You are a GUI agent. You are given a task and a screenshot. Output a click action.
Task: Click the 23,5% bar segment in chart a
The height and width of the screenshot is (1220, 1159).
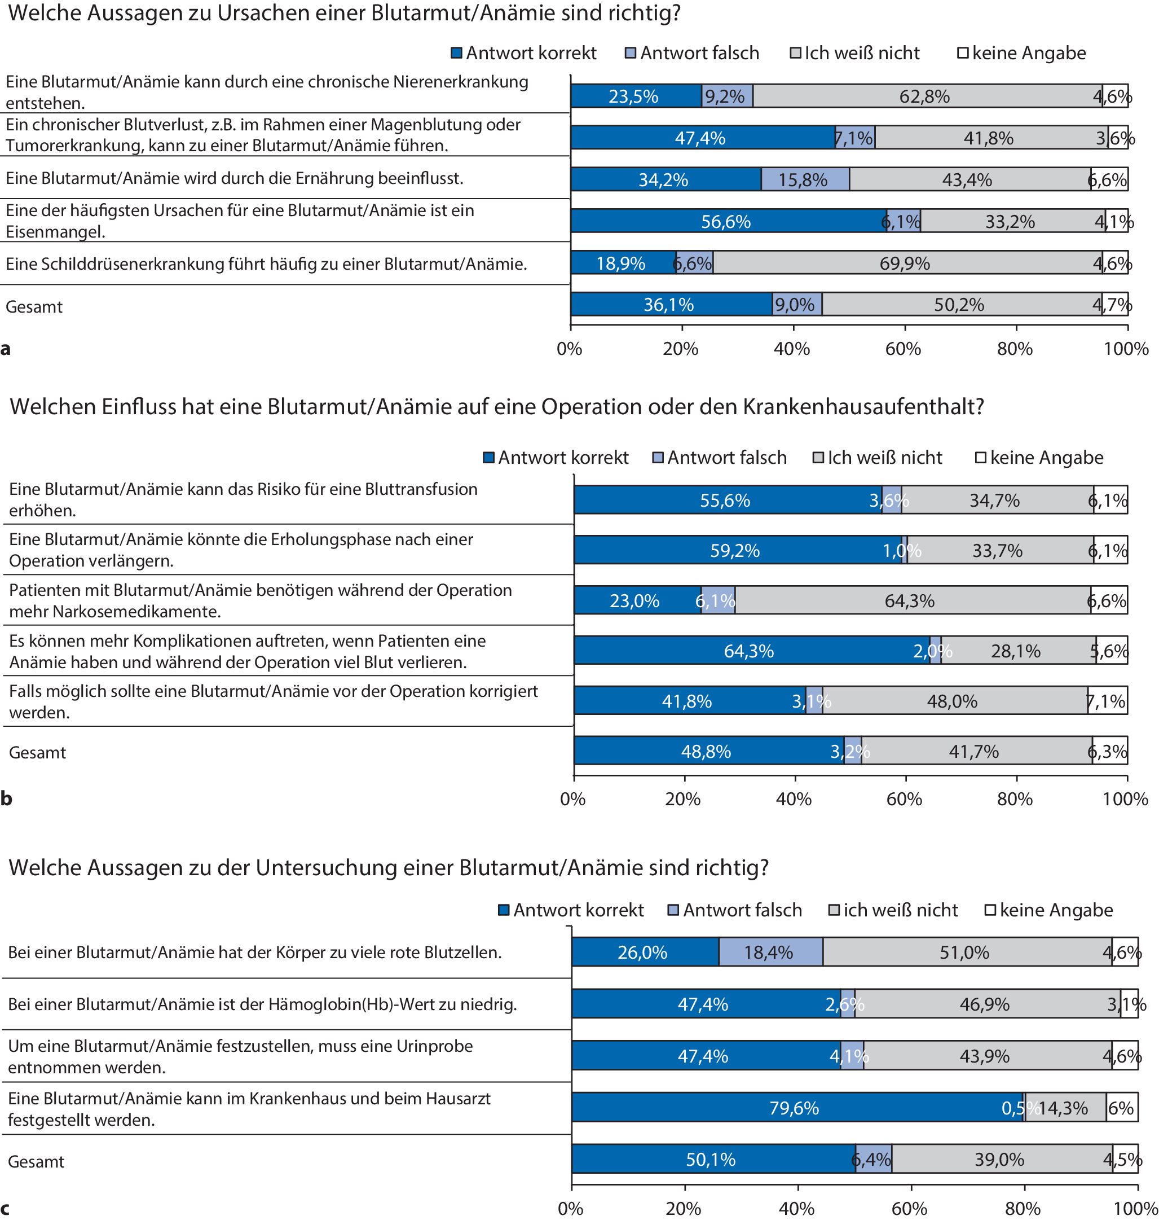(636, 96)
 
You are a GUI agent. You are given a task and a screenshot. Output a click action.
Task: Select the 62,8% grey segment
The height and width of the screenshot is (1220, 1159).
(927, 96)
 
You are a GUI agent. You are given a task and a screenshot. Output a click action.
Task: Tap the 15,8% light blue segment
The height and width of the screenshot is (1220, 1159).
(804, 180)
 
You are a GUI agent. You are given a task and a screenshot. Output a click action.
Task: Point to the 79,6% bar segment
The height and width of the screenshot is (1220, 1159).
(797, 1108)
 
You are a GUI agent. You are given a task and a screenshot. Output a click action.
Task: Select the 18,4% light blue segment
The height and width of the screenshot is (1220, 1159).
(770, 952)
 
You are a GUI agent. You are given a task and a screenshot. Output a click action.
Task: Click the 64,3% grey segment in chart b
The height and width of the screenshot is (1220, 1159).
(912, 600)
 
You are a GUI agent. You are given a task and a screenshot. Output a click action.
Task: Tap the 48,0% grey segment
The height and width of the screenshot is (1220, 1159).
(954, 701)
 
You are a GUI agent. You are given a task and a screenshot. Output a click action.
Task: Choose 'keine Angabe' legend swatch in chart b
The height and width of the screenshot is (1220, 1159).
(980, 458)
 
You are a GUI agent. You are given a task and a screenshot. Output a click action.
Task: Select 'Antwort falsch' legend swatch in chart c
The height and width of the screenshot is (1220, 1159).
(673, 910)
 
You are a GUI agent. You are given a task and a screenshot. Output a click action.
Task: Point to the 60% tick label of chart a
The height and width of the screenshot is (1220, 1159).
(903, 349)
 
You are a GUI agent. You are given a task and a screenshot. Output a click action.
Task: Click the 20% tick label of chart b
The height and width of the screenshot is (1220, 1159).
(682, 799)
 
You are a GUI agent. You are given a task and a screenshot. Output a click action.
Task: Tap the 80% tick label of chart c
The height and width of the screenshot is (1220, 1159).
(1023, 1208)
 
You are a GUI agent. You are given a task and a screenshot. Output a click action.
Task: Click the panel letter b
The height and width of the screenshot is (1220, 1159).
(6, 798)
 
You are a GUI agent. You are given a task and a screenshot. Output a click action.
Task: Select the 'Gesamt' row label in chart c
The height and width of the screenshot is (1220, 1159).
(36, 1161)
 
